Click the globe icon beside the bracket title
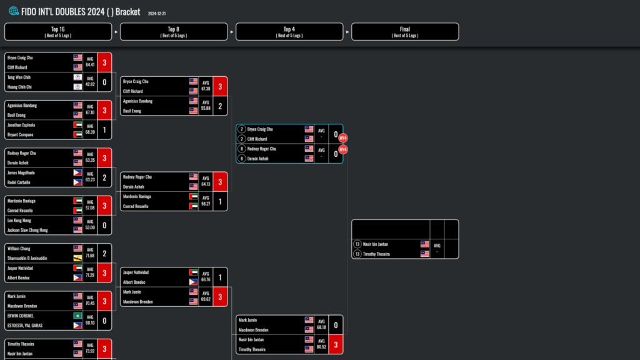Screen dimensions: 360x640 click(x=14, y=11)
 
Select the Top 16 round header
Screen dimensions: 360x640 click(x=58, y=32)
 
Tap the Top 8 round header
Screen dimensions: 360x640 click(x=174, y=32)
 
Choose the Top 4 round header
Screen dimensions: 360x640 click(x=289, y=32)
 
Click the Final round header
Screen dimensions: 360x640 click(x=405, y=32)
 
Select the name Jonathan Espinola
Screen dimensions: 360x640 click(x=22, y=125)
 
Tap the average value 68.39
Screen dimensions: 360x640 click(x=90, y=132)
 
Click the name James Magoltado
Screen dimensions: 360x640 click(x=21, y=172)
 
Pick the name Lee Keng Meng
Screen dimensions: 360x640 click(x=19, y=221)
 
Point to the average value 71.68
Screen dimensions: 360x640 click(x=90, y=256)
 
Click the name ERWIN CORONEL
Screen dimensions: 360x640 click(x=21, y=316)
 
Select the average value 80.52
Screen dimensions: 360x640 click(x=321, y=347)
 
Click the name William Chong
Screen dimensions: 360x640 click(x=19, y=249)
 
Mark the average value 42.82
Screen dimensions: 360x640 click(x=90, y=84)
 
